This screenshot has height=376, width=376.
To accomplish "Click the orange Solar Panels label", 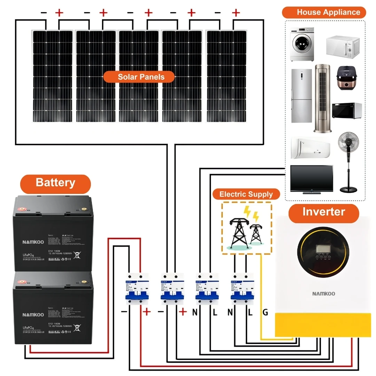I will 139,77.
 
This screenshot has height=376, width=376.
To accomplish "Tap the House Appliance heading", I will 324,12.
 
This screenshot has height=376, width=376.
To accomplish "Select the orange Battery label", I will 55,182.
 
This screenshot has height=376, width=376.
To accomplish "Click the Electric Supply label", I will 246,194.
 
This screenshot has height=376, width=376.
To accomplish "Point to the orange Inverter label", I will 323,212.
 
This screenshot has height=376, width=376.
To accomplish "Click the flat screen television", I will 311,179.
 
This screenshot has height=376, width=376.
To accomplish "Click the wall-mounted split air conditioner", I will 310,148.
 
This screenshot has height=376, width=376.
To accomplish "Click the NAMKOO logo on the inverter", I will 323,293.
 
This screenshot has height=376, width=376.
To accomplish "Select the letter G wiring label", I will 265,313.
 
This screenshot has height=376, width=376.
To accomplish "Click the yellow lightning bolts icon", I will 251,213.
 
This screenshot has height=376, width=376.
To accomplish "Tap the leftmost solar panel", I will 53,76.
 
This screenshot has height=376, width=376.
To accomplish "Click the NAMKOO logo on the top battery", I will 33,242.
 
